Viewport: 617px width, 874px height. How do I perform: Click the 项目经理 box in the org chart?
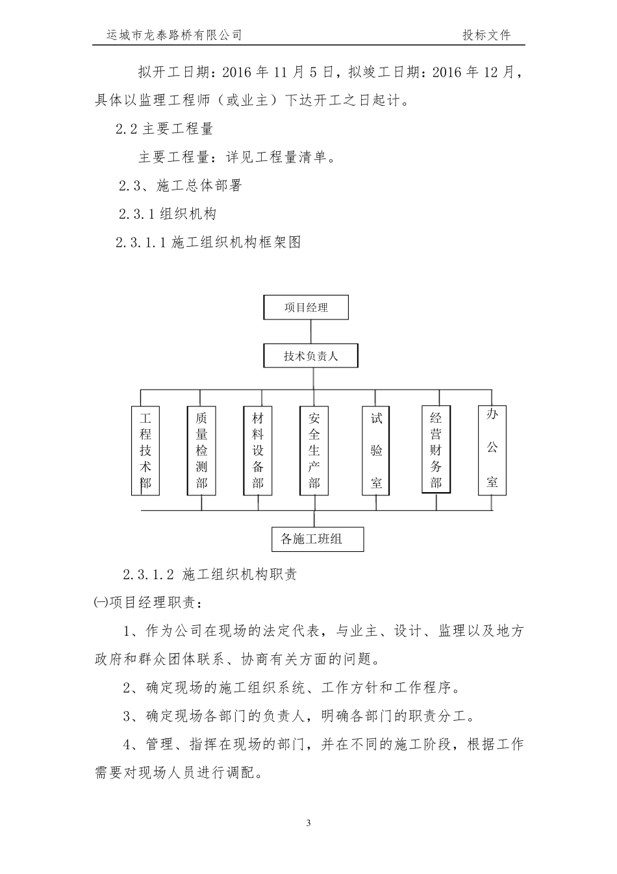306,307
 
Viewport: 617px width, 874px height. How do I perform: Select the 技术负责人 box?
310,356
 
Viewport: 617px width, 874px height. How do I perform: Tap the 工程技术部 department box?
145,451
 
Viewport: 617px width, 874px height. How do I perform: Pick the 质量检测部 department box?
201,451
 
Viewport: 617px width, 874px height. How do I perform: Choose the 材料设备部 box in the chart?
258,451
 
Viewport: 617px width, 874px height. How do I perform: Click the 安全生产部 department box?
314,451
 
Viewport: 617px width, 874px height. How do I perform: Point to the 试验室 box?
377,451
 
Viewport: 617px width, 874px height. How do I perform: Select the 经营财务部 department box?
435,451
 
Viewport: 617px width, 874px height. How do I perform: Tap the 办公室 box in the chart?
492,450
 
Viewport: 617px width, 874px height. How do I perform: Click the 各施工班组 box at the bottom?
317,539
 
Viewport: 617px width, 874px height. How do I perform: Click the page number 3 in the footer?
308,823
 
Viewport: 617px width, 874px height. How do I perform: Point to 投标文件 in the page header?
486,35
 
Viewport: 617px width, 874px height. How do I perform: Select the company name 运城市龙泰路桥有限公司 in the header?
174,35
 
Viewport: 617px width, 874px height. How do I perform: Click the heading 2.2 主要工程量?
164,129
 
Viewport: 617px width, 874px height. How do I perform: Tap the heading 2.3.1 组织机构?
168,214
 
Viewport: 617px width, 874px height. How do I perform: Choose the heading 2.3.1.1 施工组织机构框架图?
208,242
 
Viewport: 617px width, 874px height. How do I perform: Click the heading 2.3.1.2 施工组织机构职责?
210,574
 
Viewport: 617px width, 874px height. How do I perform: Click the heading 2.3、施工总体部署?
181,186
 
